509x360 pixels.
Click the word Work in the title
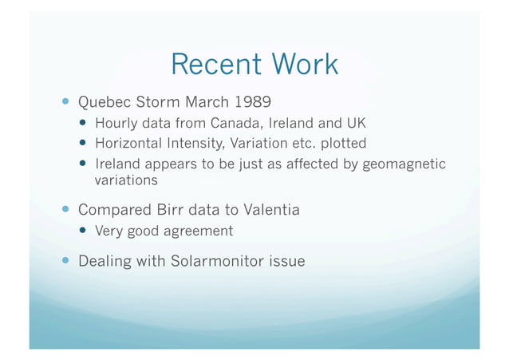click(302, 64)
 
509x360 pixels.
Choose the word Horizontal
click(131, 144)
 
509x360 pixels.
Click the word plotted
click(341, 144)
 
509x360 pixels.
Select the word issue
click(287, 261)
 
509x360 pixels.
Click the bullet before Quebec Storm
click(65, 103)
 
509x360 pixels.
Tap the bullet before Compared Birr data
click(65, 210)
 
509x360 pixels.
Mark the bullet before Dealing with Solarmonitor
click(65, 261)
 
